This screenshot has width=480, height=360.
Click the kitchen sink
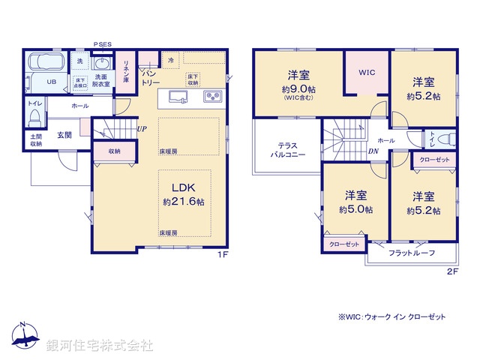178,97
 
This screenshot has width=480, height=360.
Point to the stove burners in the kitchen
211,96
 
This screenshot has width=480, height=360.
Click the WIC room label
366,73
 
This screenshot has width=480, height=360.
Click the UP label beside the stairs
141,129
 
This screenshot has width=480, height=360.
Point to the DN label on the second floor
373,151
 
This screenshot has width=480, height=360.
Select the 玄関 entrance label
64,135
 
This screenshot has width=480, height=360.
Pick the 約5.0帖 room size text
355,209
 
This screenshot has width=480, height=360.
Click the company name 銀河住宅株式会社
99,346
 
